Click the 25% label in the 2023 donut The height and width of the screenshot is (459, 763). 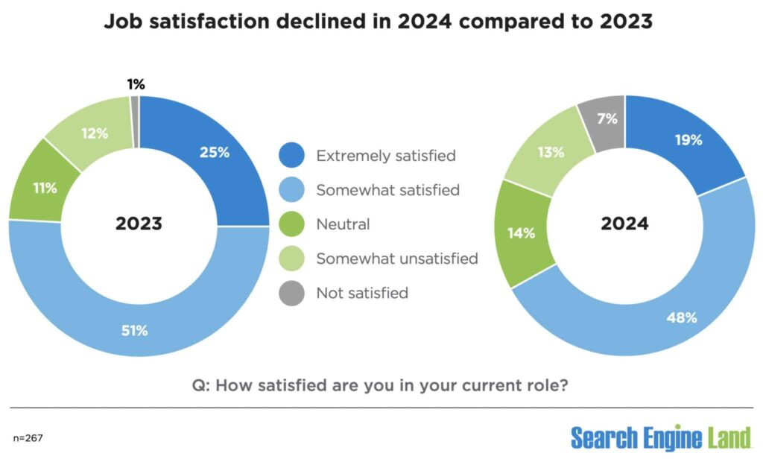tap(214, 153)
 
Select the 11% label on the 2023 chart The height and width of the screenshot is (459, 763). tap(45, 188)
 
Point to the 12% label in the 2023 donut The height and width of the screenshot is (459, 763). tap(95, 134)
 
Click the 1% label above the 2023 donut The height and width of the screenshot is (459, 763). tap(135, 84)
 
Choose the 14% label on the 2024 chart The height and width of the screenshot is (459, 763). tap(522, 233)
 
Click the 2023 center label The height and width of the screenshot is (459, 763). tap(139, 224)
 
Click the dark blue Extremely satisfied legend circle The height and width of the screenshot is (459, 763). tap(291, 156)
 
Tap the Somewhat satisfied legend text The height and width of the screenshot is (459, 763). tap(387, 190)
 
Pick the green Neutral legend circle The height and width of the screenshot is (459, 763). tap(291, 224)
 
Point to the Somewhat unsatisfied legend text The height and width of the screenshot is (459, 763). tap(396, 259)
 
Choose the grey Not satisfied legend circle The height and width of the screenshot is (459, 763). tap(291, 293)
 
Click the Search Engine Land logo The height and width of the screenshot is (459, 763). tap(662, 436)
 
